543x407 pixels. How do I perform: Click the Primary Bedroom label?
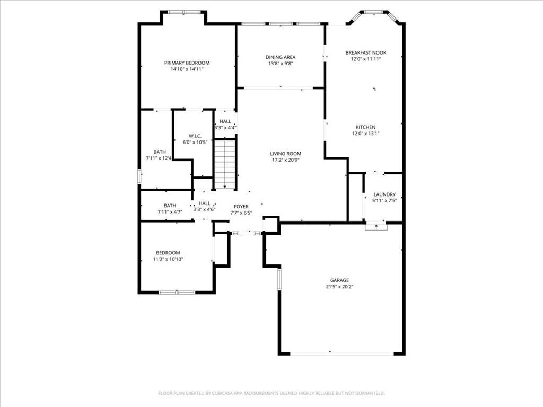click(x=187, y=63)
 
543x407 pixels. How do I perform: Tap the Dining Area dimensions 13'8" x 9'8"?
click(x=281, y=64)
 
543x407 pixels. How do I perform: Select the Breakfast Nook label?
click(x=366, y=52)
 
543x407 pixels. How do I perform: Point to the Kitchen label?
click(x=366, y=127)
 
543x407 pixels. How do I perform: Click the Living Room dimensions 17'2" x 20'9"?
click(x=286, y=160)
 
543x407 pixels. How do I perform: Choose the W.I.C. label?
click(x=195, y=136)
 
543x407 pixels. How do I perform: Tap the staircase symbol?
click(x=225, y=164)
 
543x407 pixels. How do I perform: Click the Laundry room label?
click(x=384, y=194)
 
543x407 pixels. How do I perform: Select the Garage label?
click(x=339, y=280)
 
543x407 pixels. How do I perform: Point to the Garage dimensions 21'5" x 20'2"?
click(x=339, y=287)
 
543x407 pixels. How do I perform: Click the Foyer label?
click(x=241, y=207)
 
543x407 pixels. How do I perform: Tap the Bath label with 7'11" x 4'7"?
click(x=170, y=206)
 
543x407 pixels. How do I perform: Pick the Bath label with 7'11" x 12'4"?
click(x=160, y=152)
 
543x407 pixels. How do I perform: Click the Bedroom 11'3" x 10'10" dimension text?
click(x=168, y=259)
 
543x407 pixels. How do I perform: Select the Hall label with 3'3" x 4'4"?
click(x=225, y=121)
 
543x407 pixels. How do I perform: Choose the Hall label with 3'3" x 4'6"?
click(x=204, y=203)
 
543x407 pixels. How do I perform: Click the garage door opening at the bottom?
click(x=342, y=353)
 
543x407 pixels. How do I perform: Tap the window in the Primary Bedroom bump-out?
click(x=184, y=12)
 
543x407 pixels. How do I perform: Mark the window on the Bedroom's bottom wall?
click(x=177, y=292)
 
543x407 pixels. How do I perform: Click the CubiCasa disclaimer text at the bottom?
click(x=271, y=394)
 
